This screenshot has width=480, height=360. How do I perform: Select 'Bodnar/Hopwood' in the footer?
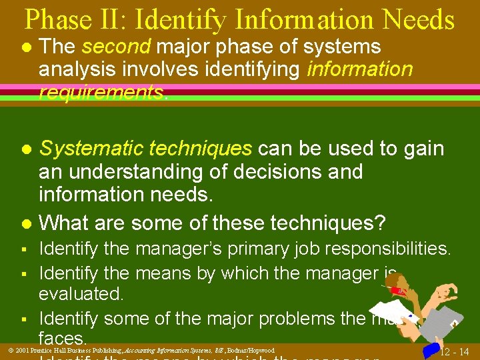(x=251, y=350)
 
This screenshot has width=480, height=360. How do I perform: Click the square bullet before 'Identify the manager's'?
(x=23, y=250)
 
